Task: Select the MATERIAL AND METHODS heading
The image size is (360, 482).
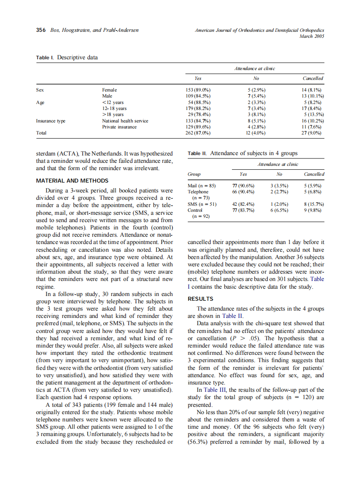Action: point(72,181)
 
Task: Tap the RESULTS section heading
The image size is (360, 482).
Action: point(201,299)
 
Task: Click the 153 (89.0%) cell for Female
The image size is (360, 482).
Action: point(197,90)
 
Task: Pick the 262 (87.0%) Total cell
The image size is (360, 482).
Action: point(197,133)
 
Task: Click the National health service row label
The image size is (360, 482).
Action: point(125,121)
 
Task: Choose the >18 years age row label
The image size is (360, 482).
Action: point(113,115)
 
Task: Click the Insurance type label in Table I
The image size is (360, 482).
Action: point(51,121)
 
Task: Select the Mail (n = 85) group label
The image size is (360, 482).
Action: point(201,186)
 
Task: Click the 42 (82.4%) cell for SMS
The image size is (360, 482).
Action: point(243,204)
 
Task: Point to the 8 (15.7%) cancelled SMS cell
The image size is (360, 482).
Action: point(314,204)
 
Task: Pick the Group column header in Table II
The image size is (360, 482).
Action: point(195,174)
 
